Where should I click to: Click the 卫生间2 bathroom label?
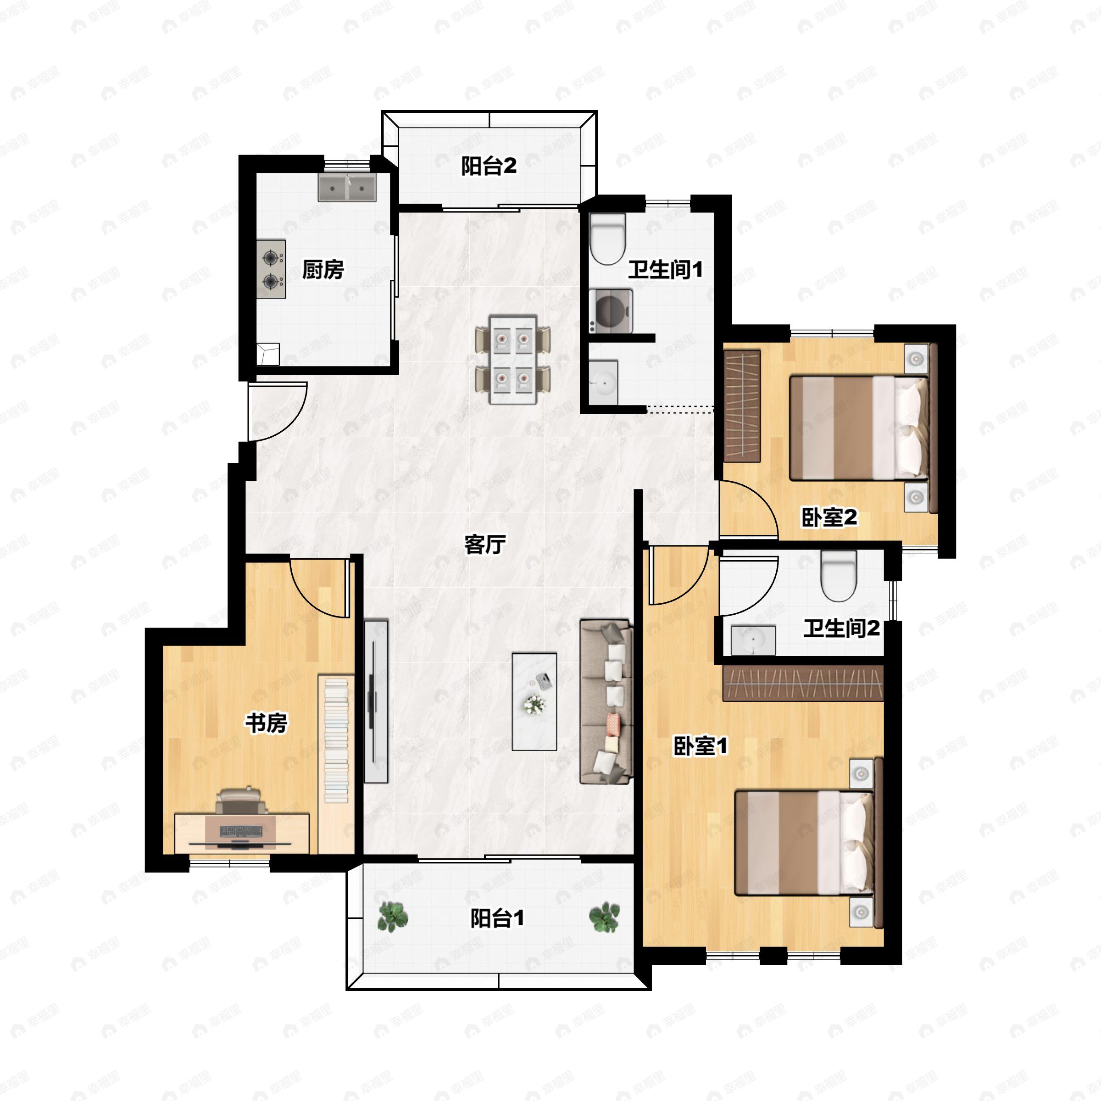coord(842,628)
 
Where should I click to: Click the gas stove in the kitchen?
coord(271,269)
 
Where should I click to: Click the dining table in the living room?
coord(513,360)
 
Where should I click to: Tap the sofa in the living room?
coord(607,701)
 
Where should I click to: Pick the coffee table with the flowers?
coord(534,701)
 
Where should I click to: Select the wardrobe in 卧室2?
coord(743,406)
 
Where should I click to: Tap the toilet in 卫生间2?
coord(839,576)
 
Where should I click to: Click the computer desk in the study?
coord(242,833)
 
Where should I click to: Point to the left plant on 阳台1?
coord(393,917)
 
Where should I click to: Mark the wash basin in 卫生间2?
coord(753,640)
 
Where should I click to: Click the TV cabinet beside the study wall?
coord(376,701)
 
